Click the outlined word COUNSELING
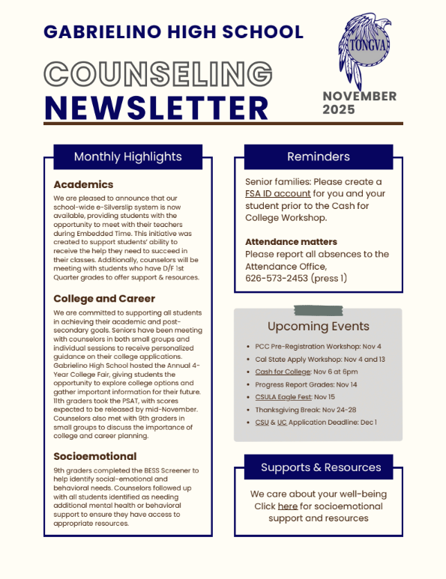click(x=158, y=75)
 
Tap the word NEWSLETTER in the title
click(x=156, y=107)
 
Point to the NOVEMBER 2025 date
click(x=359, y=103)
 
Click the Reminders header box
click(x=319, y=157)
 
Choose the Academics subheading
click(x=83, y=184)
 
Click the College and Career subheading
click(x=104, y=298)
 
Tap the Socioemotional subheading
click(x=94, y=455)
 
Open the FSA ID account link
click(x=277, y=193)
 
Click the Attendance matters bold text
click(x=291, y=242)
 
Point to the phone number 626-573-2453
click(x=279, y=278)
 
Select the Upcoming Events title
click(x=319, y=326)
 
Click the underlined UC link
click(x=282, y=422)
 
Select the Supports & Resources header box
click(x=321, y=467)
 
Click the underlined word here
click(x=288, y=506)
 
